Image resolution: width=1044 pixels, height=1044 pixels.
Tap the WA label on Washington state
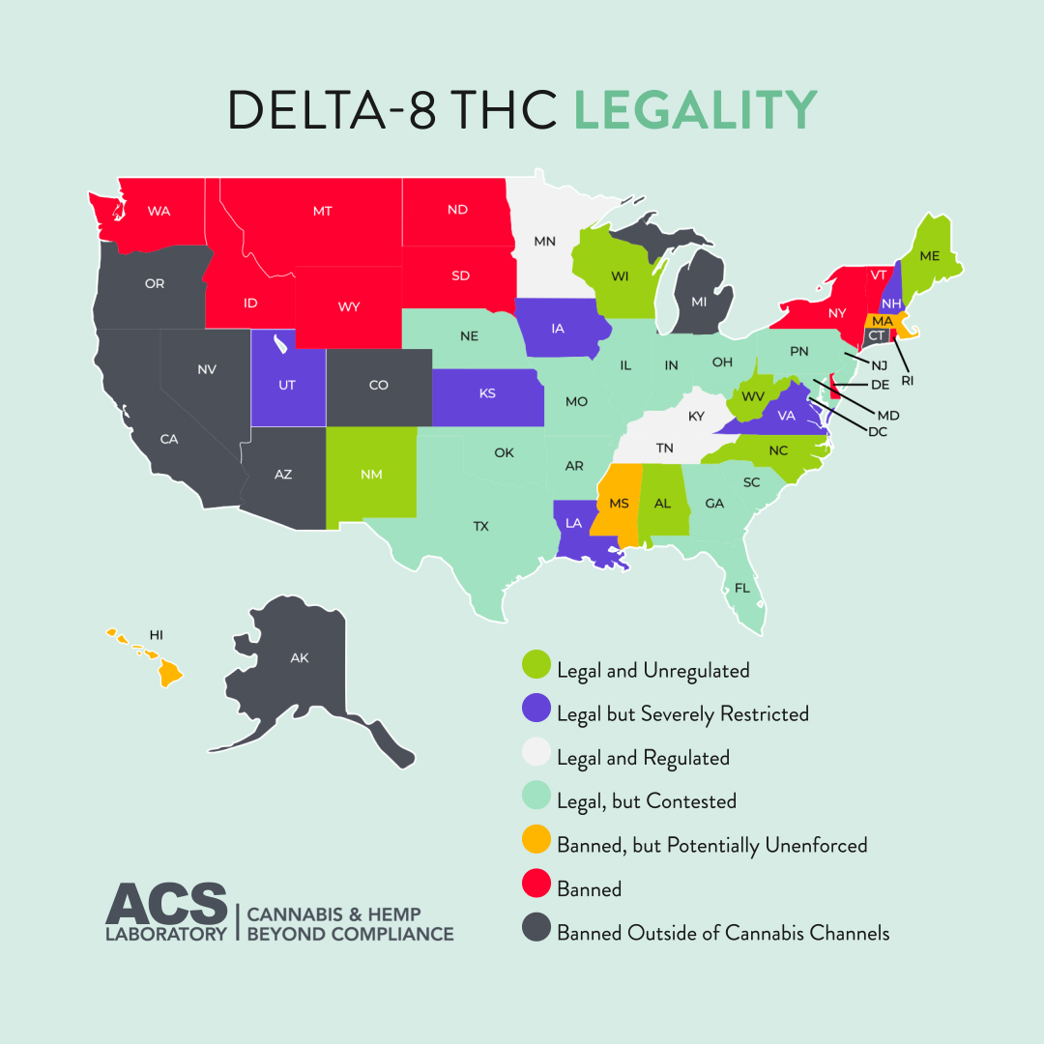[159, 211]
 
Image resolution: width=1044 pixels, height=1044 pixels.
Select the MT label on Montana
[322, 211]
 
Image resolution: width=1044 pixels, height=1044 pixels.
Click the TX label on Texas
[480, 527]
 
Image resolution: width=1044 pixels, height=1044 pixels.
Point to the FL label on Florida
[741, 588]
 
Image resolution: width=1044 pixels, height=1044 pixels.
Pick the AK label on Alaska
[300, 658]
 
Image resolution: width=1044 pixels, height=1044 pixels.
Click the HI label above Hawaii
[156, 635]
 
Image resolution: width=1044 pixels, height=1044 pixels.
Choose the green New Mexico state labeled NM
[371, 475]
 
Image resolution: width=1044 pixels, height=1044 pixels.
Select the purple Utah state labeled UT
[287, 385]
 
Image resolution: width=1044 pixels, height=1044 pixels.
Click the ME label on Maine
[930, 256]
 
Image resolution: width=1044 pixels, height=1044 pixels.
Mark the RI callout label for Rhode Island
[907, 381]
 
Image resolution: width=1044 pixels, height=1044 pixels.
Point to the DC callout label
[877, 431]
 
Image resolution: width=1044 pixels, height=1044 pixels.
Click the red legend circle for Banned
[536, 888]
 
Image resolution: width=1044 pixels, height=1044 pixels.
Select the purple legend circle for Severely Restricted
[536, 713]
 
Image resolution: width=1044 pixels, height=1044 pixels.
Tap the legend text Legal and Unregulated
[652, 670]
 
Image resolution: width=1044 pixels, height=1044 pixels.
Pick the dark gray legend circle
[536, 932]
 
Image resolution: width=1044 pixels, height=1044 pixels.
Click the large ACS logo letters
[166, 904]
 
